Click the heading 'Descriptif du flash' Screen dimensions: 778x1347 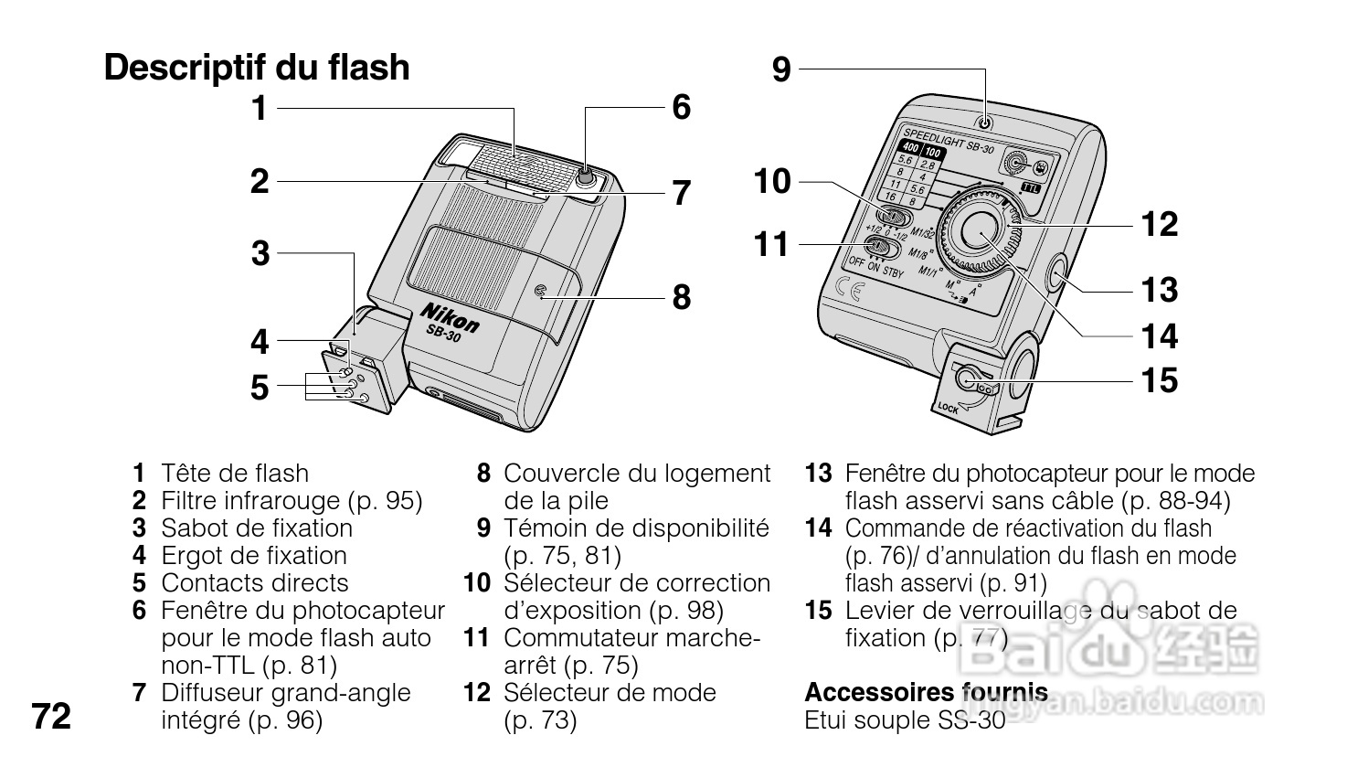(257, 68)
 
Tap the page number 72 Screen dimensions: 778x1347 (51, 717)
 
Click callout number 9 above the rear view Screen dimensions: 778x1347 (780, 69)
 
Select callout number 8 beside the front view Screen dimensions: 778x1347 (682, 297)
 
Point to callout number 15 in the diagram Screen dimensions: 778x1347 (1160, 379)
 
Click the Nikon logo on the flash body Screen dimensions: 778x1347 (450, 316)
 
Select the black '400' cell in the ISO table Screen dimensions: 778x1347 (910, 148)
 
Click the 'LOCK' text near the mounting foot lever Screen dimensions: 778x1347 (949, 409)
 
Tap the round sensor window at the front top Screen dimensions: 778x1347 (588, 176)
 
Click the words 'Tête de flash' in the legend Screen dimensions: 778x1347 (235, 474)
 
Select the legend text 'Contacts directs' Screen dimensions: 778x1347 (255, 583)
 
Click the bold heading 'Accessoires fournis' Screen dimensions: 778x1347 (926, 692)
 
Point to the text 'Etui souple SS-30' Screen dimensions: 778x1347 (905, 720)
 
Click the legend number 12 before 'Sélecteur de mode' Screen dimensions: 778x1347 (477, 693)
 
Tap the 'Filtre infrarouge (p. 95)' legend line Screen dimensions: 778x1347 (292, 501)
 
